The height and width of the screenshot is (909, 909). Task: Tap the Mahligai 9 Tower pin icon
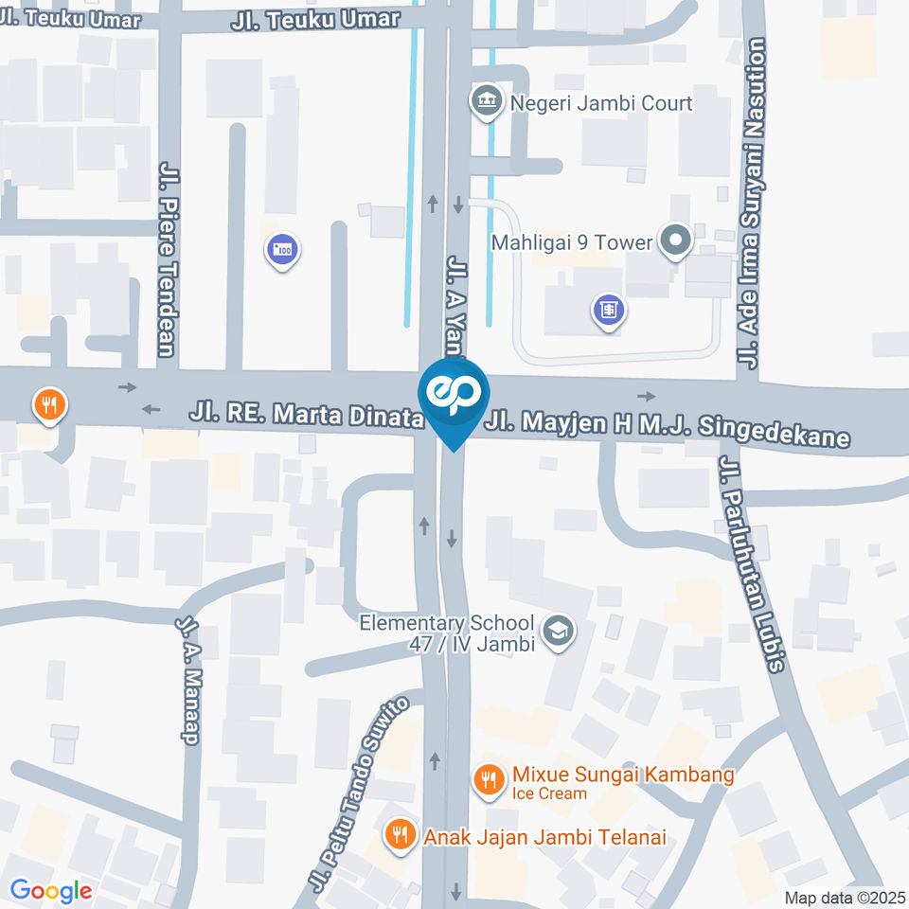pos(675,241)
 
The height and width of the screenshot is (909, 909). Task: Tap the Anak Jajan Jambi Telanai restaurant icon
pos(400,834)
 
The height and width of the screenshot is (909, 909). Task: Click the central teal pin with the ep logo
pos(454,396)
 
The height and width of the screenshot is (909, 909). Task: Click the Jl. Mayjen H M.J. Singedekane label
pos(667,425)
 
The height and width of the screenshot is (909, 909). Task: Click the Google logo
pos(50,890)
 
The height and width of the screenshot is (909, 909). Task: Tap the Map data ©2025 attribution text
pos(844,897)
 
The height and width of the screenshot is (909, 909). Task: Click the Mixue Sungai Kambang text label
pos(623,775)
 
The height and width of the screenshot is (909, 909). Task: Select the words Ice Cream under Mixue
pos(550,793)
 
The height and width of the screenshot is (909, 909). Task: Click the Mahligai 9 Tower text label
pos(572,242)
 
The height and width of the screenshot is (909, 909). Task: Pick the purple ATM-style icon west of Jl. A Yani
pos(282,251)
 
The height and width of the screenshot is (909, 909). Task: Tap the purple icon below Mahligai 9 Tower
pos(609,310)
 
